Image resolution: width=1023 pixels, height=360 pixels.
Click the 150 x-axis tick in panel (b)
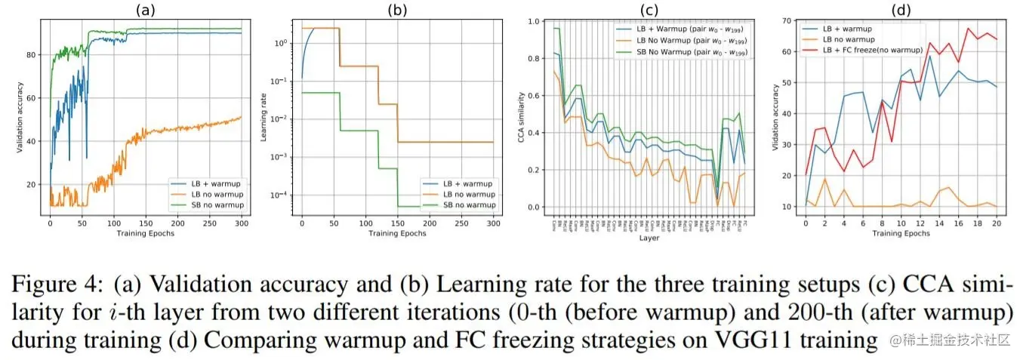[398, 224]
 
